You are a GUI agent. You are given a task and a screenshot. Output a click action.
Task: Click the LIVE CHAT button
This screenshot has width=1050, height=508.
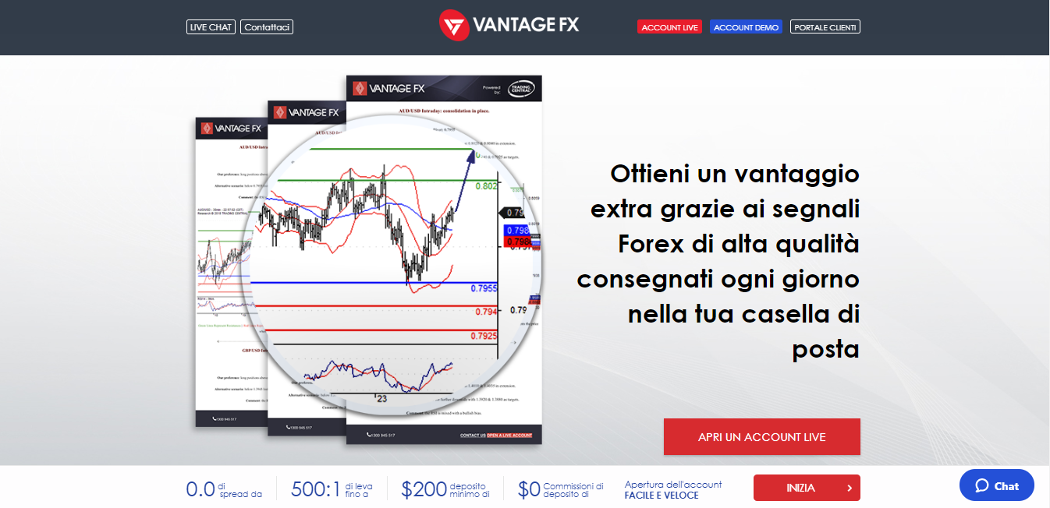point(211,27)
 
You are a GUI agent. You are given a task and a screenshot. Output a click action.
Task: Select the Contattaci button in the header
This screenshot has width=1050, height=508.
point(267,27)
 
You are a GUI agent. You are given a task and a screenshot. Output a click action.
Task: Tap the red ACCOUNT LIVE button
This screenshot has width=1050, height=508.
point(669,27)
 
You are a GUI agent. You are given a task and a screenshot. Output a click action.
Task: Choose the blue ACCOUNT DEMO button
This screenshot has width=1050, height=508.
point(746,27)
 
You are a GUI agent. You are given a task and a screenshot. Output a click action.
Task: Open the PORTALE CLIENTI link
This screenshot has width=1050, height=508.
point(825,27)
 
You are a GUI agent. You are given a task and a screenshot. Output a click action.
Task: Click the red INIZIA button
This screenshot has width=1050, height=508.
point(807,488)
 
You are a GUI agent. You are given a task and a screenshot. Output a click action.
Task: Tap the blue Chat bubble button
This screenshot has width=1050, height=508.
point(996,485)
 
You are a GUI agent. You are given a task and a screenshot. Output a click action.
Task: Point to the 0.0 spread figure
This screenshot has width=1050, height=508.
point(200,489)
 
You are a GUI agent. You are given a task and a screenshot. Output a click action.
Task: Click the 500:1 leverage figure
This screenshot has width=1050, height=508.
point(315,489)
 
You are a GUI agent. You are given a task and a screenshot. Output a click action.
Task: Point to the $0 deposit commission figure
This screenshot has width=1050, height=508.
point(528,489)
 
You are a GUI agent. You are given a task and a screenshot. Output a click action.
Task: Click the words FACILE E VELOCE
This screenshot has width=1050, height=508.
point(662,496)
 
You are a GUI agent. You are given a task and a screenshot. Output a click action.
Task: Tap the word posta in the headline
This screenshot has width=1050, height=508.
point(825,349)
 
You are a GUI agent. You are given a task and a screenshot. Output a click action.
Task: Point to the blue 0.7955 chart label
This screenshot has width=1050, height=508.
point(484,288)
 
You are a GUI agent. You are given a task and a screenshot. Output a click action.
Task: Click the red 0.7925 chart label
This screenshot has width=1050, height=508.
point(484,336)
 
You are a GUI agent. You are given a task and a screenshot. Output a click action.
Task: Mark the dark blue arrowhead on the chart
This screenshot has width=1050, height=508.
point(471,155)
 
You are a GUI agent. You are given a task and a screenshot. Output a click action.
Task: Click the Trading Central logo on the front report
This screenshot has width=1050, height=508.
point(520,88)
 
